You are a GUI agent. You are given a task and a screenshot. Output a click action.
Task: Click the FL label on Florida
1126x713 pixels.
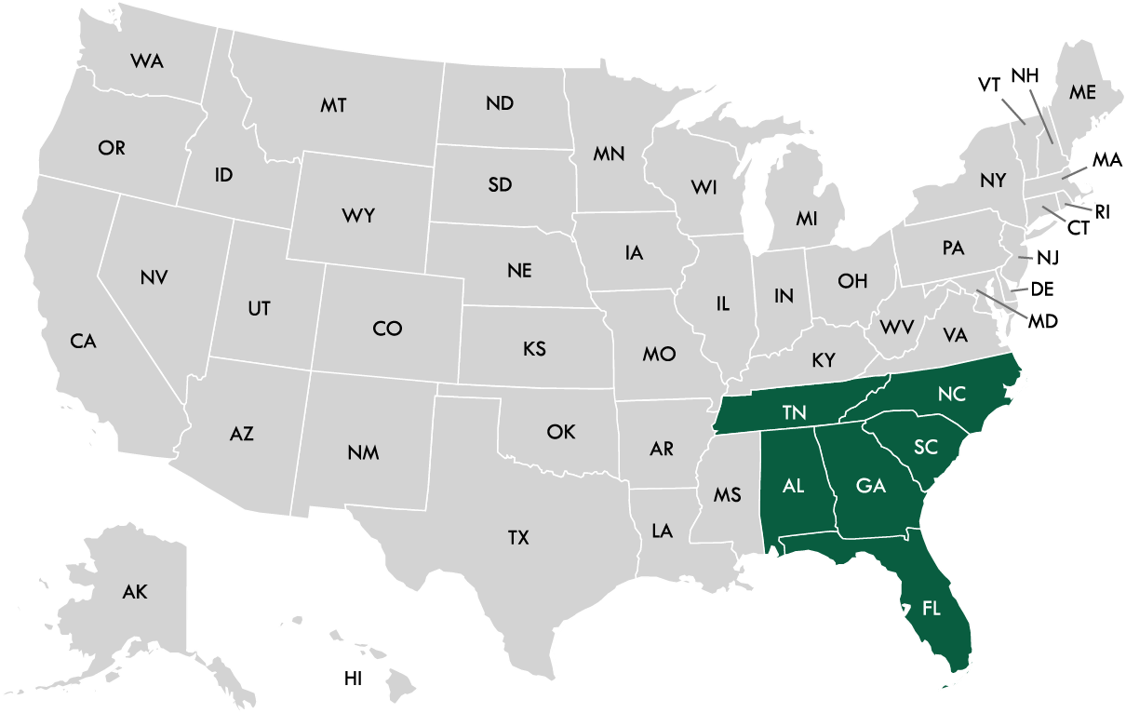(931, 609)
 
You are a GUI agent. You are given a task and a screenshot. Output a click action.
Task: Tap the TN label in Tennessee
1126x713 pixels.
(794, 412)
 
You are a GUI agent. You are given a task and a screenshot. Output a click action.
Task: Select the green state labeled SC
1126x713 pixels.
(925, 448)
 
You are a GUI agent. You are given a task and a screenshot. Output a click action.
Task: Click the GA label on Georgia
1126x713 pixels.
(870, 486)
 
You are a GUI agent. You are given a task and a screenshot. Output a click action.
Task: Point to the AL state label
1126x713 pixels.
(793, 486)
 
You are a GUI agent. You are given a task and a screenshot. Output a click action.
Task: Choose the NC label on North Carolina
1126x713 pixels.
(952, 394)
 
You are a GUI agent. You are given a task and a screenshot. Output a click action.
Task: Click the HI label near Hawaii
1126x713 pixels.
(353, 679)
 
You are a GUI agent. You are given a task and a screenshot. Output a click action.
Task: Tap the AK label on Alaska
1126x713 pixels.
(135, 591)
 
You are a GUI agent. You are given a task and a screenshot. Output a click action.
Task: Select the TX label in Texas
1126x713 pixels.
(518, 537)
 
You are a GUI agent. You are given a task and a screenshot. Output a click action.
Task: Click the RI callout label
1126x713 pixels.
(1103, 212)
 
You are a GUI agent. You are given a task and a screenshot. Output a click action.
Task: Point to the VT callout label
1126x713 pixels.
(988, 85)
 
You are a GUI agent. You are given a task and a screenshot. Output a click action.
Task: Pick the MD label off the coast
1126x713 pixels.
(1043, 321)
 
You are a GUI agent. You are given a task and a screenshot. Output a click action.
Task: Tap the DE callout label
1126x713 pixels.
(1042, 289)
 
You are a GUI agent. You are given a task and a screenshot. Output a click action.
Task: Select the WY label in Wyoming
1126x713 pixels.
(358, 216)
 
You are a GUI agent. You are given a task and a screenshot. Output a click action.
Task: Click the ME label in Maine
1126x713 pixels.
(1082, 92)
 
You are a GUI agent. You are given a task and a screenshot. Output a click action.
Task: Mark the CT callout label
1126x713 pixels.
(1079, 228)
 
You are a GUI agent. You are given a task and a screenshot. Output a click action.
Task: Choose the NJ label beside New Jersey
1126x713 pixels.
(1048, 257)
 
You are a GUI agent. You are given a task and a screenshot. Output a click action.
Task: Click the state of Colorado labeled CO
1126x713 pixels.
(387, 328)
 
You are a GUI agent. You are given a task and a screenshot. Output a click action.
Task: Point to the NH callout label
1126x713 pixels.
(1025, 75)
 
